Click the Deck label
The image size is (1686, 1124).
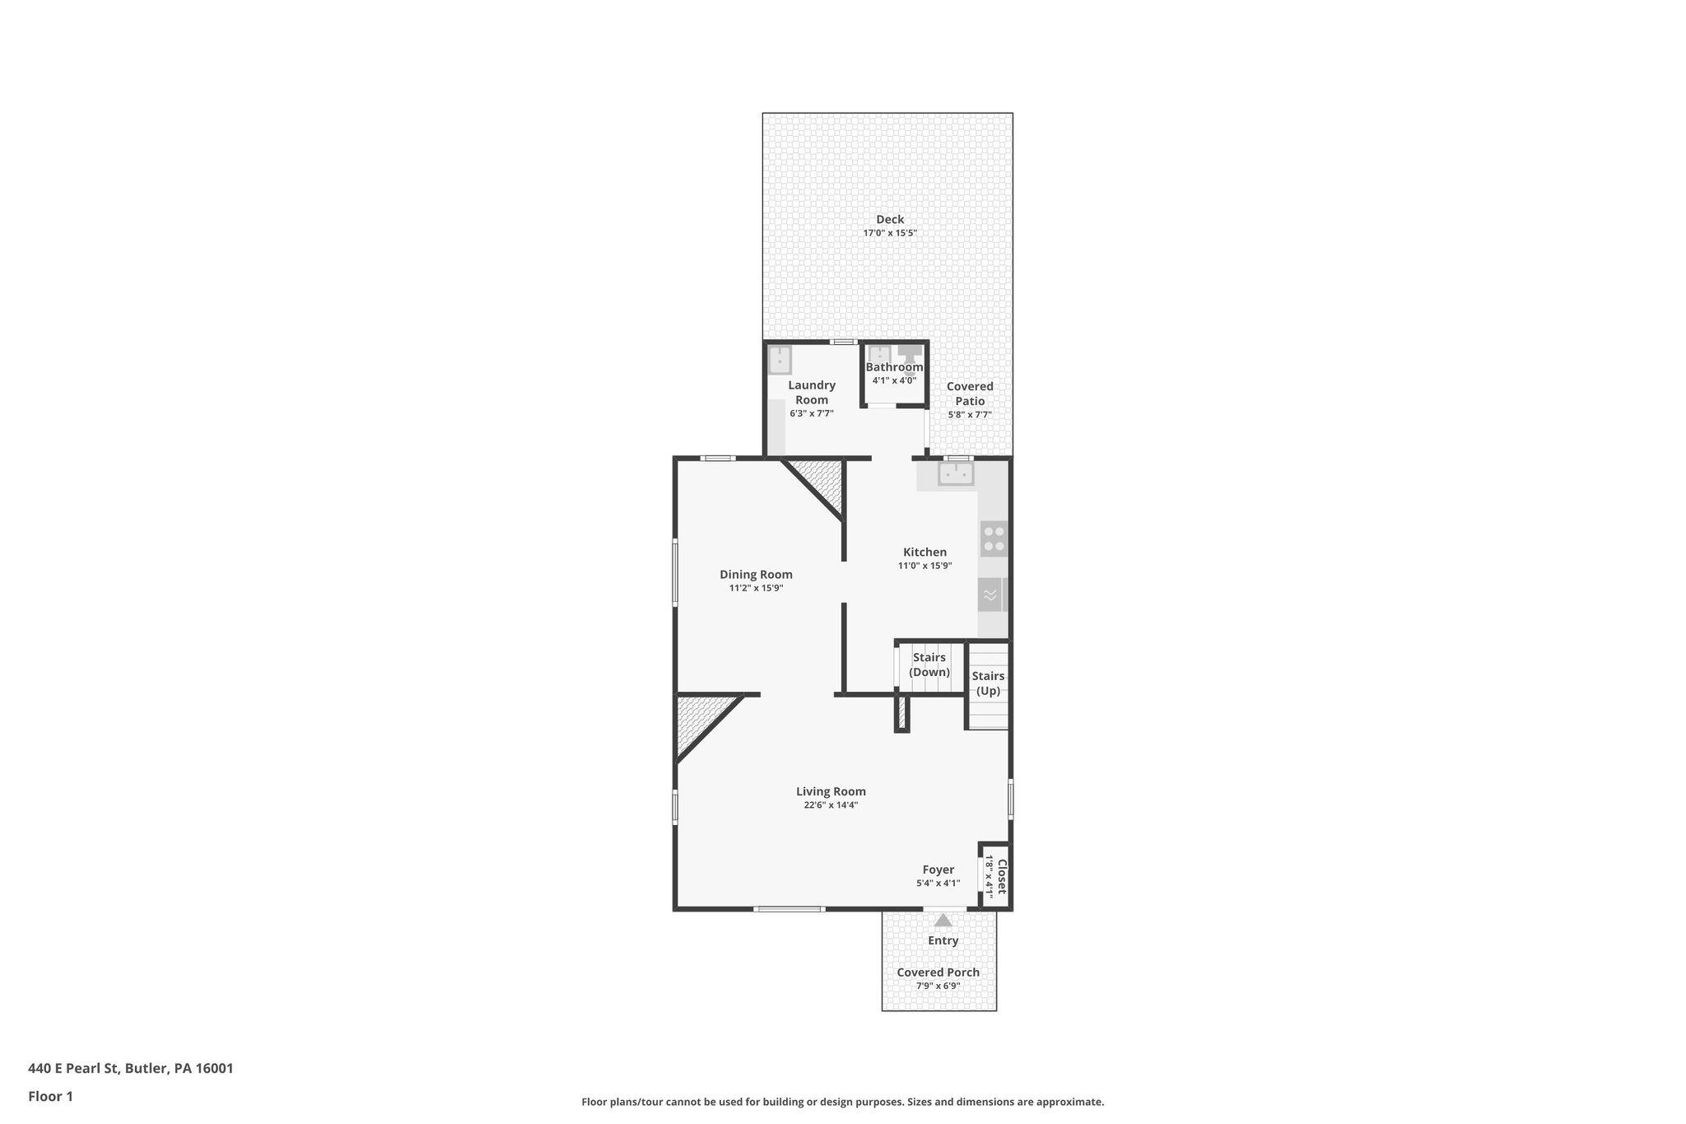(889, 219)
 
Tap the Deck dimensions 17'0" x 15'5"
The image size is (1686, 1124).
(889, 233)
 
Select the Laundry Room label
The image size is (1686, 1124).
(812, 392)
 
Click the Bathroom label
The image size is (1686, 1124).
(894, 367)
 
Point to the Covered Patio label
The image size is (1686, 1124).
(970, 394)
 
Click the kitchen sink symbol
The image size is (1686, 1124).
(956, 473)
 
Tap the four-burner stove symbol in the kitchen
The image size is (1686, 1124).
(994, 539)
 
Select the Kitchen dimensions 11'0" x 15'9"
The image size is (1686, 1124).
(925, 566)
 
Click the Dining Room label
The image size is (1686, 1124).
(756, 575)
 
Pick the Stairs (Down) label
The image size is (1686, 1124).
(929, 665)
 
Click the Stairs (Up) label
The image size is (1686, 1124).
(988, 683)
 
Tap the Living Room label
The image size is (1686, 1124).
(831, 791)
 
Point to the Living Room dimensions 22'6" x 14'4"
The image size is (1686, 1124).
(831, 805)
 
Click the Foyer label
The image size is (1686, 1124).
(938, 870)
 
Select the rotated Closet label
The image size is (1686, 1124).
(1002, 877)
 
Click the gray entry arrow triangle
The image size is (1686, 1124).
(943, 921)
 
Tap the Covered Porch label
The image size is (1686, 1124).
(938, 972)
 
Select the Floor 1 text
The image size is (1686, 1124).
(50, 1096)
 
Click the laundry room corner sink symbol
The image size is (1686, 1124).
(779, 360)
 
